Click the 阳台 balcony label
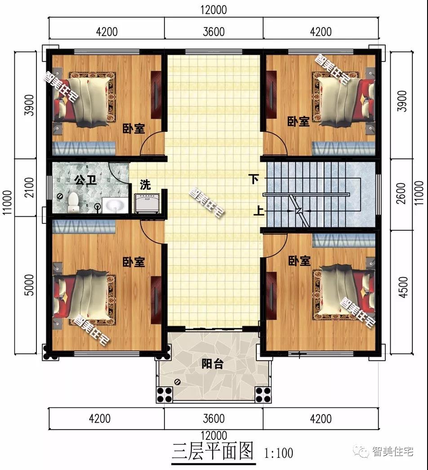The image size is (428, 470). (x=213, y=364)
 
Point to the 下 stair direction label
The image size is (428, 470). (x=254, y=179)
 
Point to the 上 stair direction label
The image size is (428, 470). (x=259, y=211)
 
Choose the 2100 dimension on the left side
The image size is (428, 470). (x=29, y=188)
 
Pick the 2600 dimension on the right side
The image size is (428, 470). (x=401, y=193)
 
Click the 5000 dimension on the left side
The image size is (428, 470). (x=29, y=285)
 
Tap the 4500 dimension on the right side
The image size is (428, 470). (x=403, y=287)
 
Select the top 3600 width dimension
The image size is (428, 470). (x=214, y=32)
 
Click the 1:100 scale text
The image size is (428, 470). (x=278, y=453)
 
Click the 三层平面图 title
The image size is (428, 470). (x=213, y=451)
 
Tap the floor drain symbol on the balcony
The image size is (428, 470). (x=178, y=382)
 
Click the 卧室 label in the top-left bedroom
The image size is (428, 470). (x=134, y=129)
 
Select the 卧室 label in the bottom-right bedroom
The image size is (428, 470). (x=299, y=261)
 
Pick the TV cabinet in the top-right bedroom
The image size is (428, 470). (x=271, y=94)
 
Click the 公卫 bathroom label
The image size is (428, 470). (x=85, y=180)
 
